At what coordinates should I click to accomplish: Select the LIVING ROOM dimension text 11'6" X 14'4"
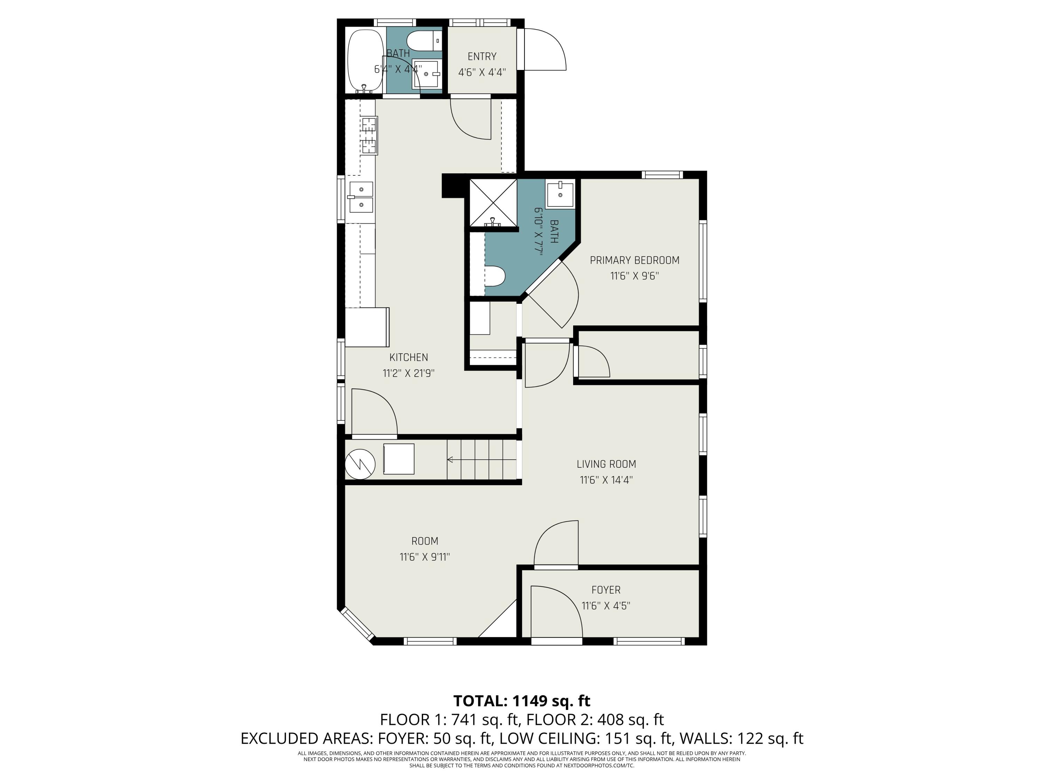click(x=606, y=480)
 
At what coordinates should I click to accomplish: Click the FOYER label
click(x=606, y=590)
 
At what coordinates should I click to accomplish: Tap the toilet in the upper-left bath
click(x=421, y=41)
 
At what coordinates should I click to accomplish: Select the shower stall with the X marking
click(x=493, y=203)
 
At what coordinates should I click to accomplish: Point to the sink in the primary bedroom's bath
click(x=560, y=195)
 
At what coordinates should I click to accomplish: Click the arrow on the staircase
click(x=451, y=459)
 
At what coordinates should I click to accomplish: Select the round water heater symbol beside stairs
click(x=360, y=464)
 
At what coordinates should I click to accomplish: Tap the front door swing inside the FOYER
click(x=556, y=611)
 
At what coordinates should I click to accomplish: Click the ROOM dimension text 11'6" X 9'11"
click(x=424, y=557)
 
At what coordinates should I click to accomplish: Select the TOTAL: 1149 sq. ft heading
click(x=522, y=701)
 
